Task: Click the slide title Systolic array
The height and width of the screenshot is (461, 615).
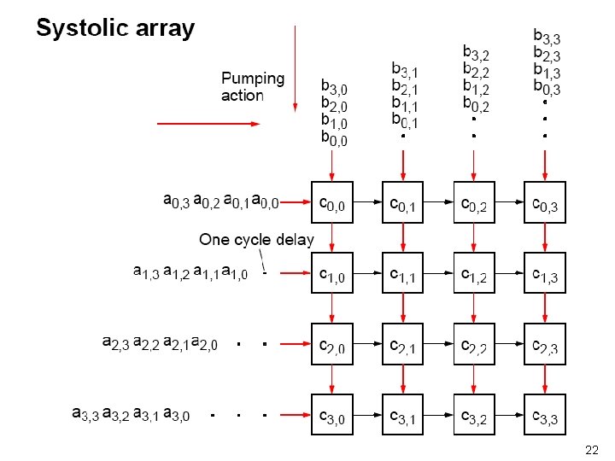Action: (x=115, y=28)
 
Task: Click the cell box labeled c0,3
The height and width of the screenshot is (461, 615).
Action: (x=546, y=204)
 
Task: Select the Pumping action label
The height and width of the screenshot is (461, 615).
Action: (x=253, y=87)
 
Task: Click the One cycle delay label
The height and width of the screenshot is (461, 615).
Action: (x=256, y=240)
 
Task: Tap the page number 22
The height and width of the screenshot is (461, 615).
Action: (x=591, y=450)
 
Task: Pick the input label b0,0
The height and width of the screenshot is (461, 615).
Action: (x=334, y=138)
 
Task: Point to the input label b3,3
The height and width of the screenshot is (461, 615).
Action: (x=547, y=37)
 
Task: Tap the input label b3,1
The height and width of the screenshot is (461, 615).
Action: (x=404, y=68)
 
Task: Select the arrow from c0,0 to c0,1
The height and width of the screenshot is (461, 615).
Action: (x=367, y=204)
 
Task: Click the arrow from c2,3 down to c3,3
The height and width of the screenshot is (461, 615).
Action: (x=546, y=380)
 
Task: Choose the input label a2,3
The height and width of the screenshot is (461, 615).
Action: (x=116, y=344)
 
